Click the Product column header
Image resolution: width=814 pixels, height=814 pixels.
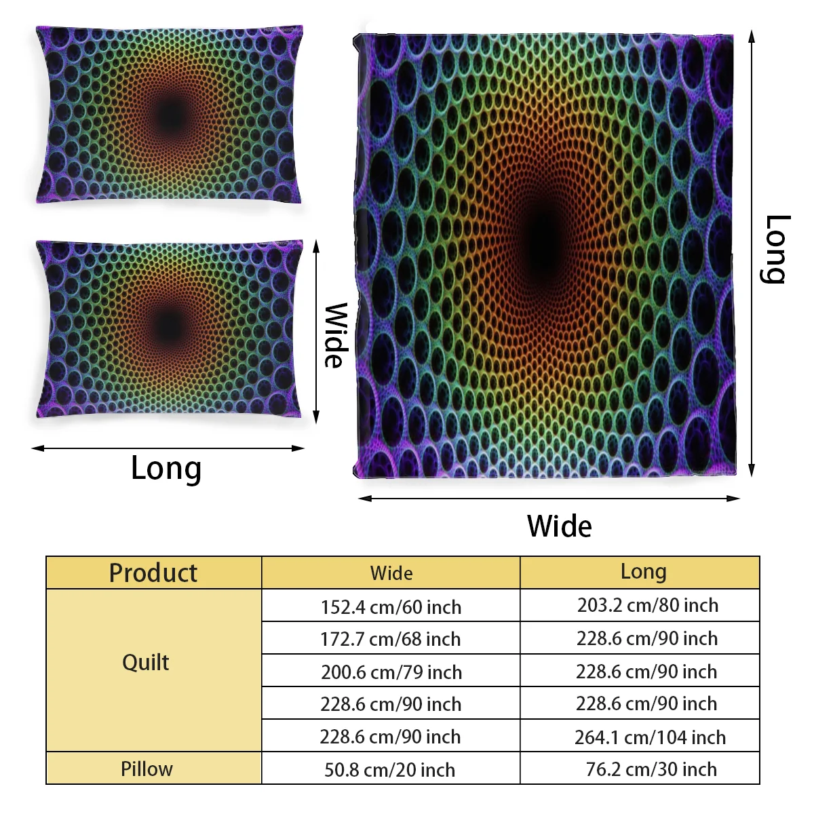click(153, 573)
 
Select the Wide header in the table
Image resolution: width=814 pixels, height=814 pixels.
click(391, 573)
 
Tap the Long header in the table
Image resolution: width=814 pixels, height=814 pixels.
click(643, 572)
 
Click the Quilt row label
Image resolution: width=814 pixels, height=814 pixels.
click(146, 662)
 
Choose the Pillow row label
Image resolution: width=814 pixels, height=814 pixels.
click(147, 769)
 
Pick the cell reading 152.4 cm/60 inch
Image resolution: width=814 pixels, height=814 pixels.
click(391, 606)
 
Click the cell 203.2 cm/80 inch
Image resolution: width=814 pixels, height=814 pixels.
click(647, 605)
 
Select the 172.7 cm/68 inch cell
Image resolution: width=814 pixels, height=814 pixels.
click(391, 639)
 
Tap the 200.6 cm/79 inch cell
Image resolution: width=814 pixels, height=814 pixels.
click(391, 672)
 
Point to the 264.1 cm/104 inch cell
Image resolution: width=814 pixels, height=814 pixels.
click(650, 737)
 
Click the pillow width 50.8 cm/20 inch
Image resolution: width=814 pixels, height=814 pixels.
click(389, 770)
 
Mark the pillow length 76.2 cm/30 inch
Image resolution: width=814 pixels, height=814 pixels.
click(651, 769)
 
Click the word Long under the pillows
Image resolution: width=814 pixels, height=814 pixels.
click(166, 469)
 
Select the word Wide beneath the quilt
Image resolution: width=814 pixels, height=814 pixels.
click(559, 526)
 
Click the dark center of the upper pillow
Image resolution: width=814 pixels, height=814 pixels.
click(170, 115)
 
